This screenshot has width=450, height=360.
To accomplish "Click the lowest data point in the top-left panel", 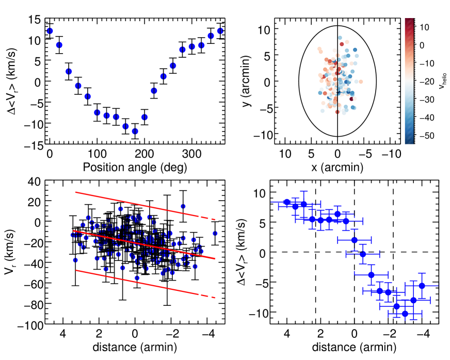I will (135, 131).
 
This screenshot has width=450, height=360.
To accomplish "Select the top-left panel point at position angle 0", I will (50, 31).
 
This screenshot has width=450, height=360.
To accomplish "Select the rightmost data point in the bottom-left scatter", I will (215, 233).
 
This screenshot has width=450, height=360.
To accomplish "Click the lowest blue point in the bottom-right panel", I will (405, 314).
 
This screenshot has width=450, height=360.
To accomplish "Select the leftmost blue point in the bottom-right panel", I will (287, 202).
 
